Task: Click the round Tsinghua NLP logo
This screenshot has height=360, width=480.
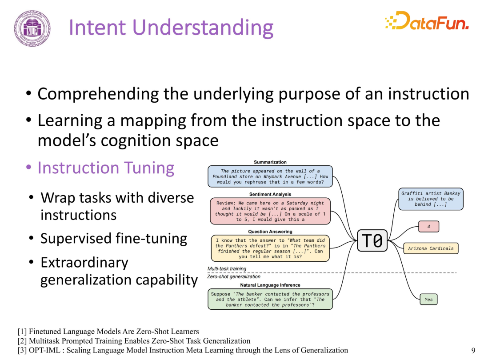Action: [x=32, y=28]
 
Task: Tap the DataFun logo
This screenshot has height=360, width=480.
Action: [x=427, y=21]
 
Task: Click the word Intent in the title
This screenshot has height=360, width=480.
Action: [x=97, y=28]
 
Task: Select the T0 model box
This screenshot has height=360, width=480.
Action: [x=372, y=240]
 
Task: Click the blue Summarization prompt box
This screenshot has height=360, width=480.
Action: [x=270, y=176]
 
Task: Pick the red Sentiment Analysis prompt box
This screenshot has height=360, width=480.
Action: [x=270, y=211]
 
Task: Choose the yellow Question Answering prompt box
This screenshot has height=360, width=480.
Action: [x=270, y=248]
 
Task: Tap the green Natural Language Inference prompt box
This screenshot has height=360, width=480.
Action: [x=270, y=299]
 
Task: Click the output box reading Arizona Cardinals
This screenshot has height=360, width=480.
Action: [x=431, y=248]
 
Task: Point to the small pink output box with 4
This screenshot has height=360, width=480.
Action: [x=428, y=227]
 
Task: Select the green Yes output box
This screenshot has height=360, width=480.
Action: [x=428, y=300]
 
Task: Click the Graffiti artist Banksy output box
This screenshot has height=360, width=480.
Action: [x=431, y=199]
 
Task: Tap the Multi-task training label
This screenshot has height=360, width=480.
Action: [x=227, y=268]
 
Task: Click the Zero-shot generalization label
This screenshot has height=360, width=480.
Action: [x=234, y=276]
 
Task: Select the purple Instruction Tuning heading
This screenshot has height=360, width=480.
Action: [x=106, y=168]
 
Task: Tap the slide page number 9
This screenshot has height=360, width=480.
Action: [x=473, y=350]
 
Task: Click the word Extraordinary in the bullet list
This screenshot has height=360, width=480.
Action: [x=84, y=263]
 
